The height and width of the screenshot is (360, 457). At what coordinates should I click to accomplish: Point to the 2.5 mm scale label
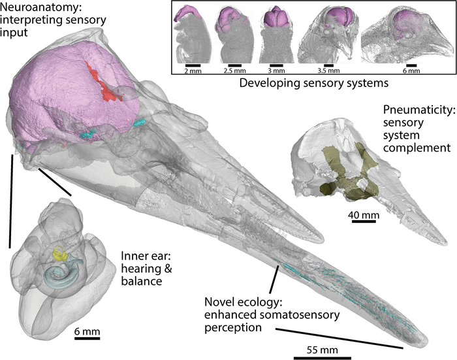pos(232,72)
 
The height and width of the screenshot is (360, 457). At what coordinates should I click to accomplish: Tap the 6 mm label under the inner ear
pos(87,332)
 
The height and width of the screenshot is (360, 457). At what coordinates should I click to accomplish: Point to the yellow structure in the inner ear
pos(61,254)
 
